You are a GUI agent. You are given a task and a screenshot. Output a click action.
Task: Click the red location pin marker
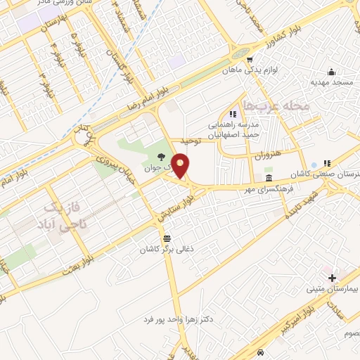tap(181, 166)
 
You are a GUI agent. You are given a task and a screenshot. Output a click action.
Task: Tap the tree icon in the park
tap(162, 157)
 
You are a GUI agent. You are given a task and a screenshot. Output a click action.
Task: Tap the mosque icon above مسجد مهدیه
tap(332, 72)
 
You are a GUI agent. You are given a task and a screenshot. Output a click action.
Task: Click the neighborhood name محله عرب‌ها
tap(275, 105)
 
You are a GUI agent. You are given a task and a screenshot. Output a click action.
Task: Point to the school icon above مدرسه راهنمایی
tap(232, 113)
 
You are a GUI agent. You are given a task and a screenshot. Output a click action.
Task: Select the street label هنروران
tap(268, 154)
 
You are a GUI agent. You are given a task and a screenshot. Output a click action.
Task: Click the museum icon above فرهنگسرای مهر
tap(268, 177)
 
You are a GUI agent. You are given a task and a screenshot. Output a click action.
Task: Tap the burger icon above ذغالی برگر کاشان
tap(166, 238)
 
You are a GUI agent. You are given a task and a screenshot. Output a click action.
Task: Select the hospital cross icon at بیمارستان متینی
tap(332, 278)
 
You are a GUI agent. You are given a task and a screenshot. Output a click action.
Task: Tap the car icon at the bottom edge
tap(261, 352)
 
